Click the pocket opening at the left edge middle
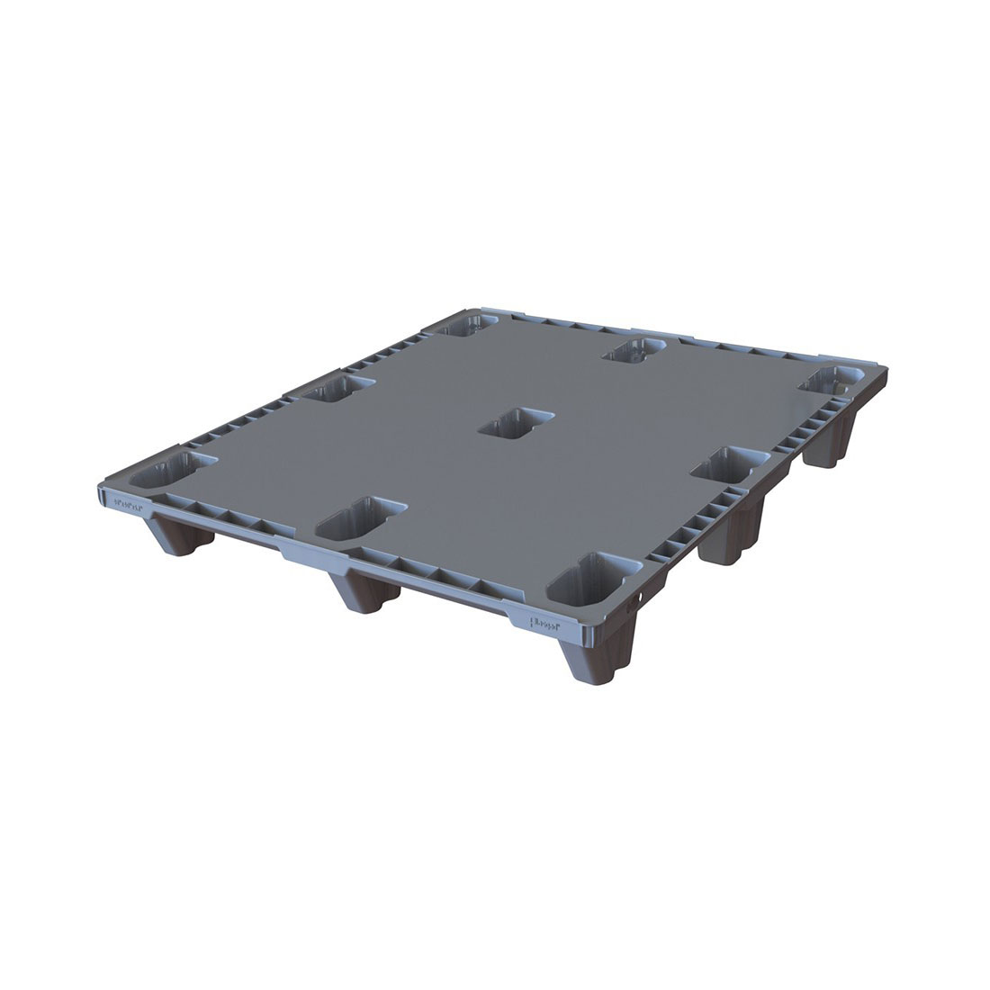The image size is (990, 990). click(x=337, y=389)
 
